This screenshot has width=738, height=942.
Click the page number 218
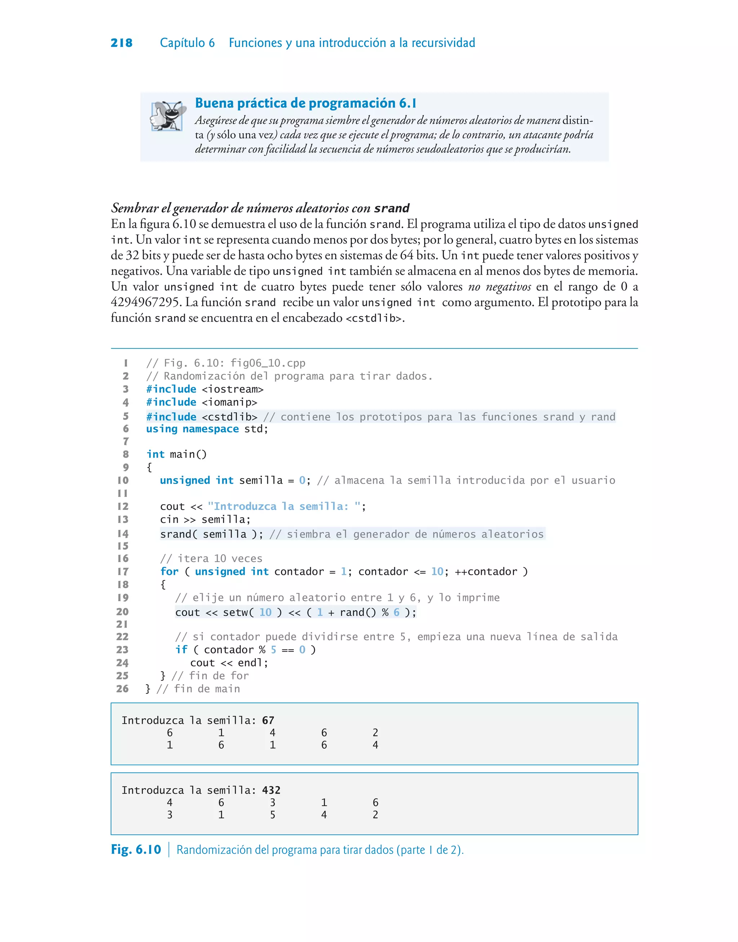click(121, 43)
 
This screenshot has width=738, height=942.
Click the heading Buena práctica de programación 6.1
click(306, 103)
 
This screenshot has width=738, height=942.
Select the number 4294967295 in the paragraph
click(145, 302)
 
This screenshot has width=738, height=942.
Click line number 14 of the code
click(123, 534)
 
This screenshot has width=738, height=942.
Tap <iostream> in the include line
click(232, 389)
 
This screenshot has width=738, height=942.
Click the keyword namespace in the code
click(210, 429)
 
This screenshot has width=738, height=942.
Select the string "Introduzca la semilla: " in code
click(284, 506)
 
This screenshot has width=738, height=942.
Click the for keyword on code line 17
click(169, 572)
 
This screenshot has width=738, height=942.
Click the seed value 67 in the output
click(268, 720)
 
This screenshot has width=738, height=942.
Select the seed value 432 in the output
click(271, 790)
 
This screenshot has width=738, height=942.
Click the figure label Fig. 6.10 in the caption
click(136, 849)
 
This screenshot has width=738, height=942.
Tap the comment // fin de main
click(198, 689)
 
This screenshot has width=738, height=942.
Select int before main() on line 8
click(156, 454)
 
